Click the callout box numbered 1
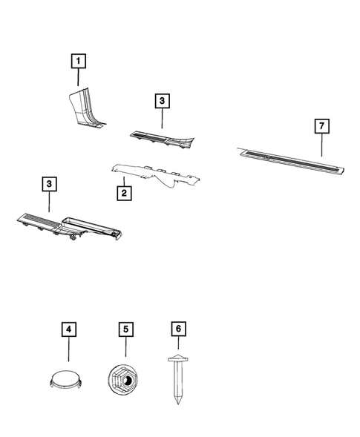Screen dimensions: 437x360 click(x=78, y=59)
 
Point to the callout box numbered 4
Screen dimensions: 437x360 click(x=69, y=328)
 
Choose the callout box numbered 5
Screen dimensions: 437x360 click(x=125, y=328)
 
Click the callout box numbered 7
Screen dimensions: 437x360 click(x=321, y=126)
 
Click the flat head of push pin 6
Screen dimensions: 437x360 click(x=177, y=358)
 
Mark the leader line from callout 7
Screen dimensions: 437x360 click(x=321, y=145)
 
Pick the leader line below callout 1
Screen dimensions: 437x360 click(x=78, y=78)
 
